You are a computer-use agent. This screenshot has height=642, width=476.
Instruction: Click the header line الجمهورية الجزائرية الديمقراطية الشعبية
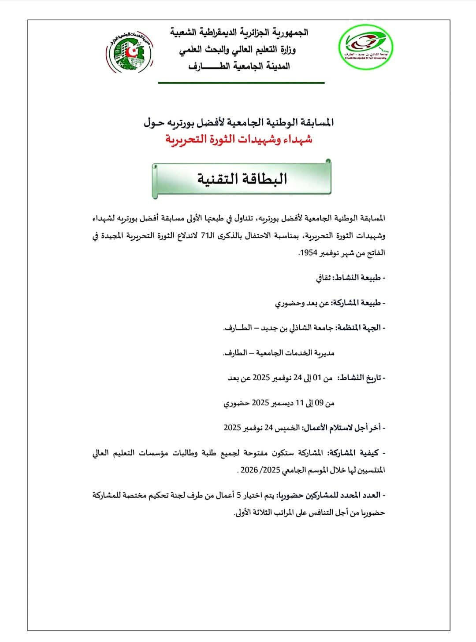click(x=239, y=33)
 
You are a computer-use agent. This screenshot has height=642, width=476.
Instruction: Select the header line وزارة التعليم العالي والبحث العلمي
click(x=238, y=50)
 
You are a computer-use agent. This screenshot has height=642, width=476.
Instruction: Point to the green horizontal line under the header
click(x=241, y=83)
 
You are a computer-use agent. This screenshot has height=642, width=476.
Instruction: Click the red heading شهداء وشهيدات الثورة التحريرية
click(x=239, y=139)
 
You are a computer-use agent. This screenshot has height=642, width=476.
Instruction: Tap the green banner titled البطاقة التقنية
click(x=242, y=179)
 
